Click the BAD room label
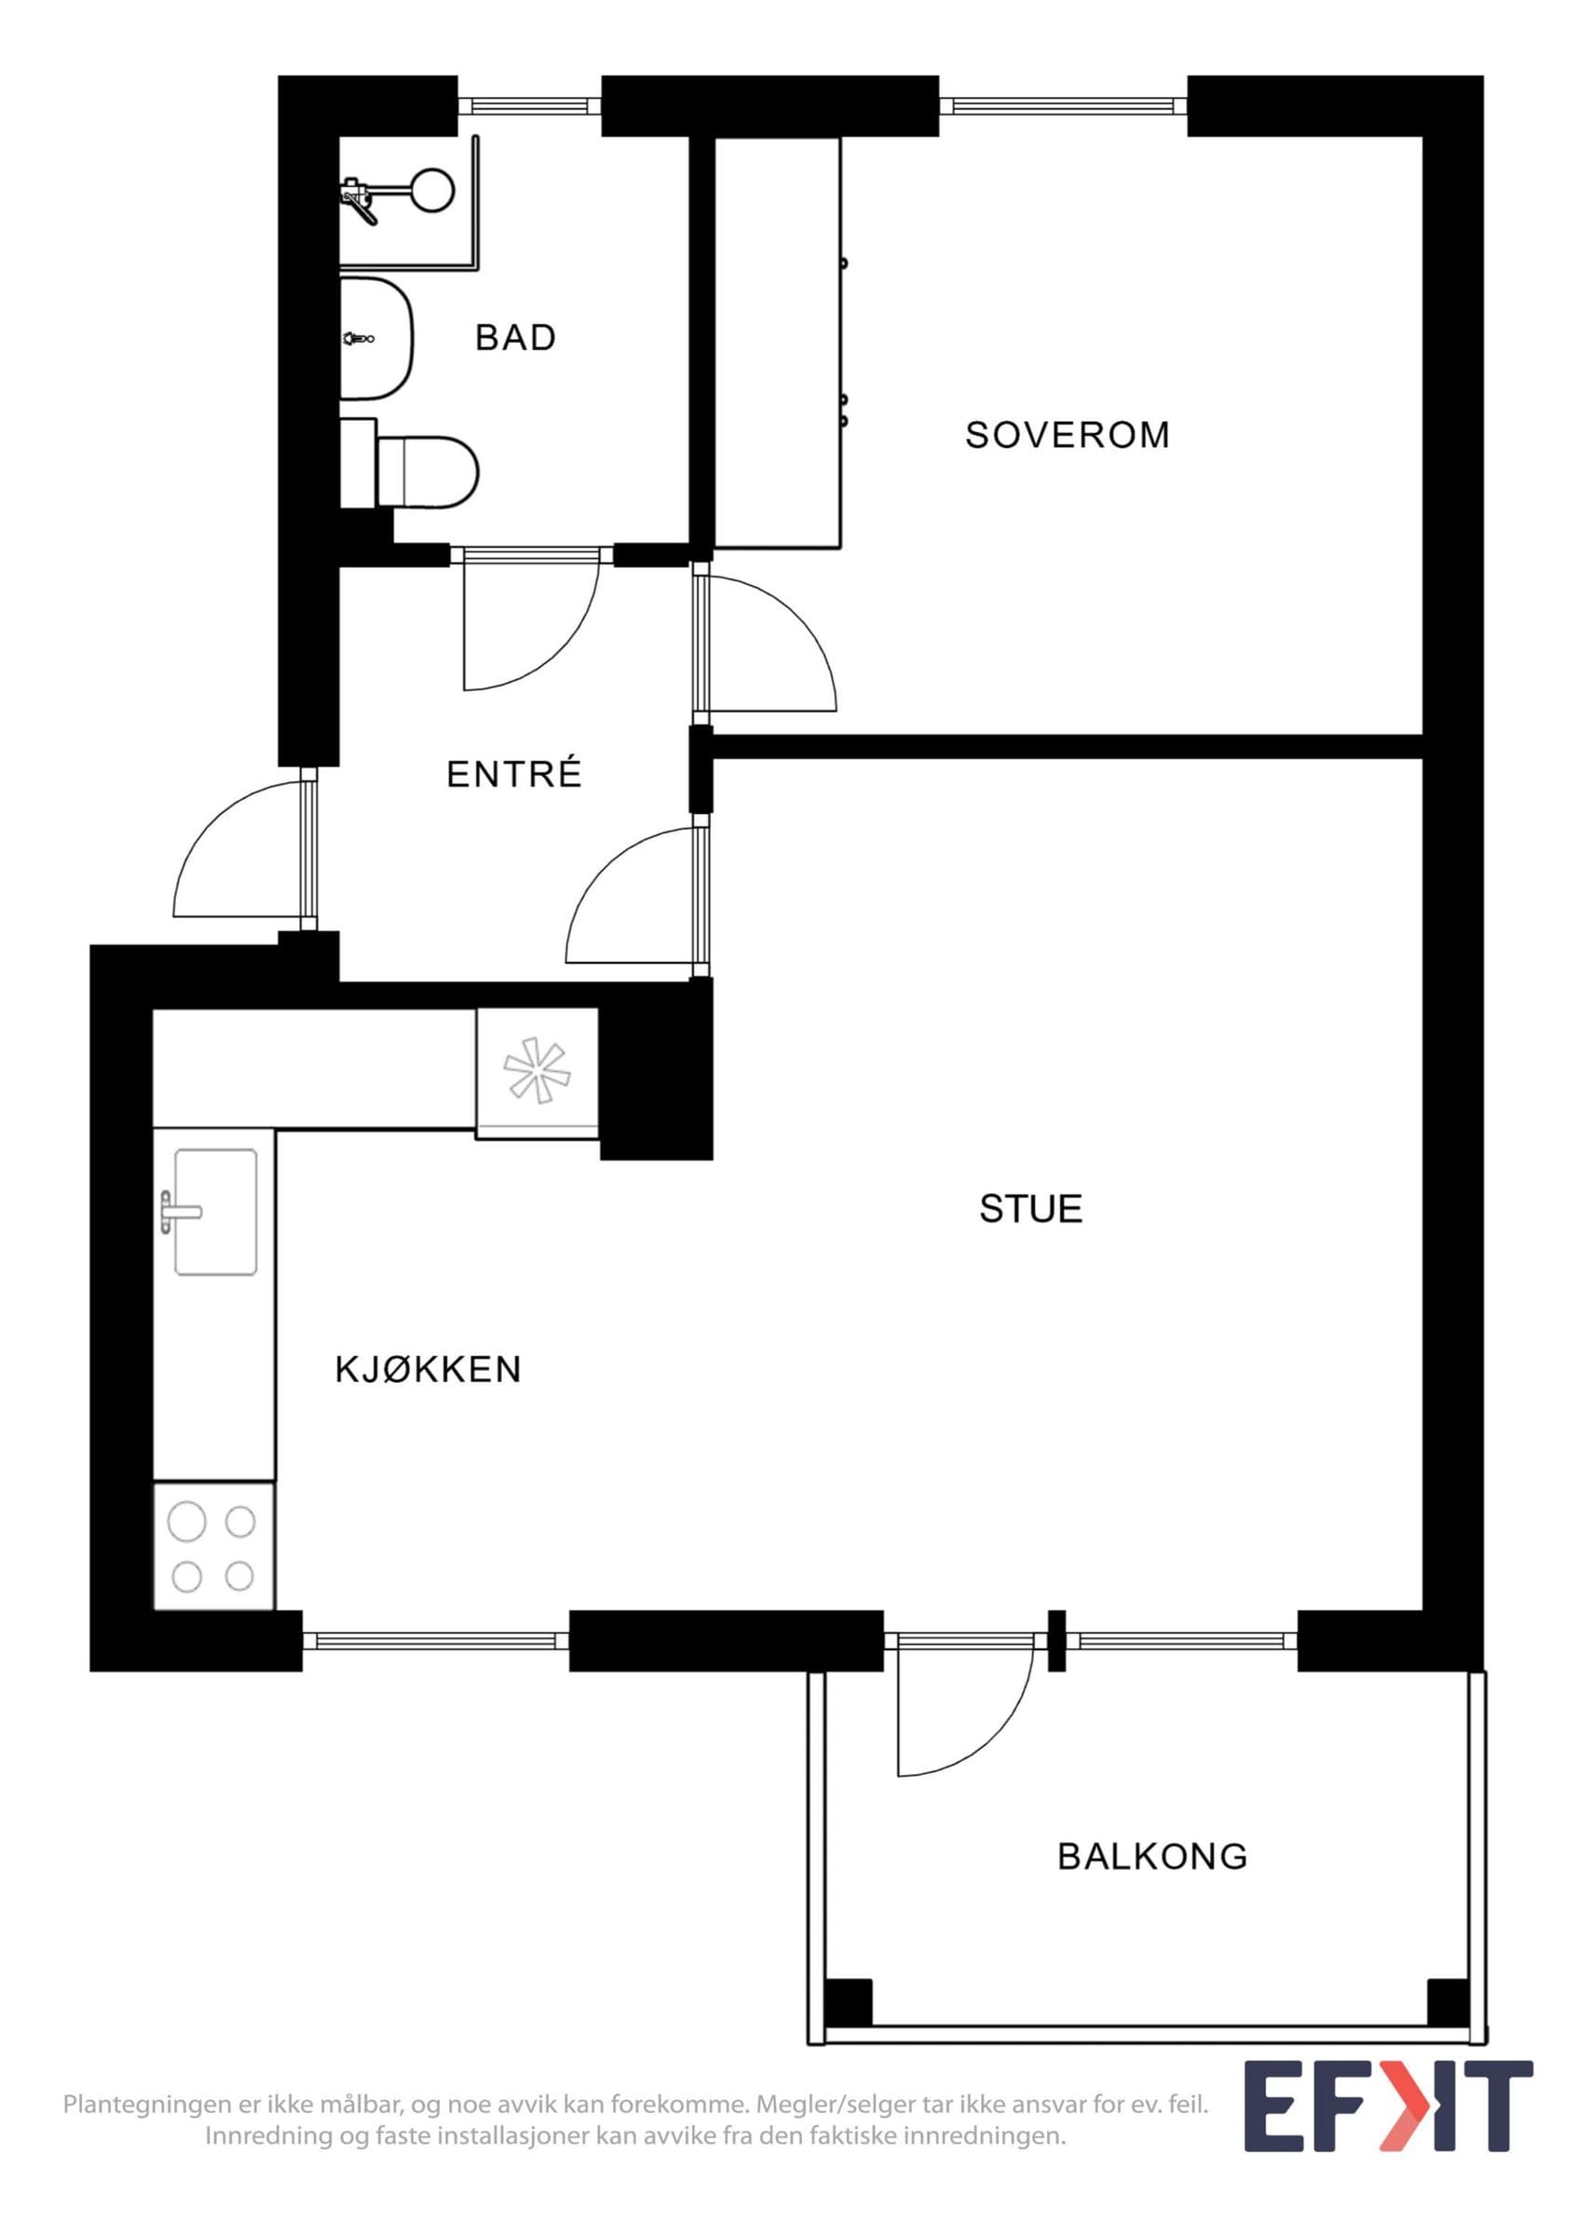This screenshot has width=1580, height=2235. [x=515, y=338]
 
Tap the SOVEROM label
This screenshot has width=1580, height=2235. [x=1067, y=435]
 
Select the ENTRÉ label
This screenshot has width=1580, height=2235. [x=514, y=774]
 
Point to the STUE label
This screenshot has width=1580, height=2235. [x=1031, y=1209]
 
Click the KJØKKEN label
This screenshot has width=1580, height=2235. [x=429, y=1370]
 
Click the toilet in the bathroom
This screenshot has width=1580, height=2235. [x=410, y=472]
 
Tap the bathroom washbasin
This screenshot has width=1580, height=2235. [x=376, y=338]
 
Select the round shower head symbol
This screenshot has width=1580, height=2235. [x=431, y=190]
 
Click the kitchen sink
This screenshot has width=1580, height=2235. [x=215, y=1211]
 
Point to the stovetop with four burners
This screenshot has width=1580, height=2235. [x=214, y=1547]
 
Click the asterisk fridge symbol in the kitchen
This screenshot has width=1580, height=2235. [x=538, y=1071]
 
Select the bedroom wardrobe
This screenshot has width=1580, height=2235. [x=777, y=344]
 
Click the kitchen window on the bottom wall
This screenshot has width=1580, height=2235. [x=435, y=1641]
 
